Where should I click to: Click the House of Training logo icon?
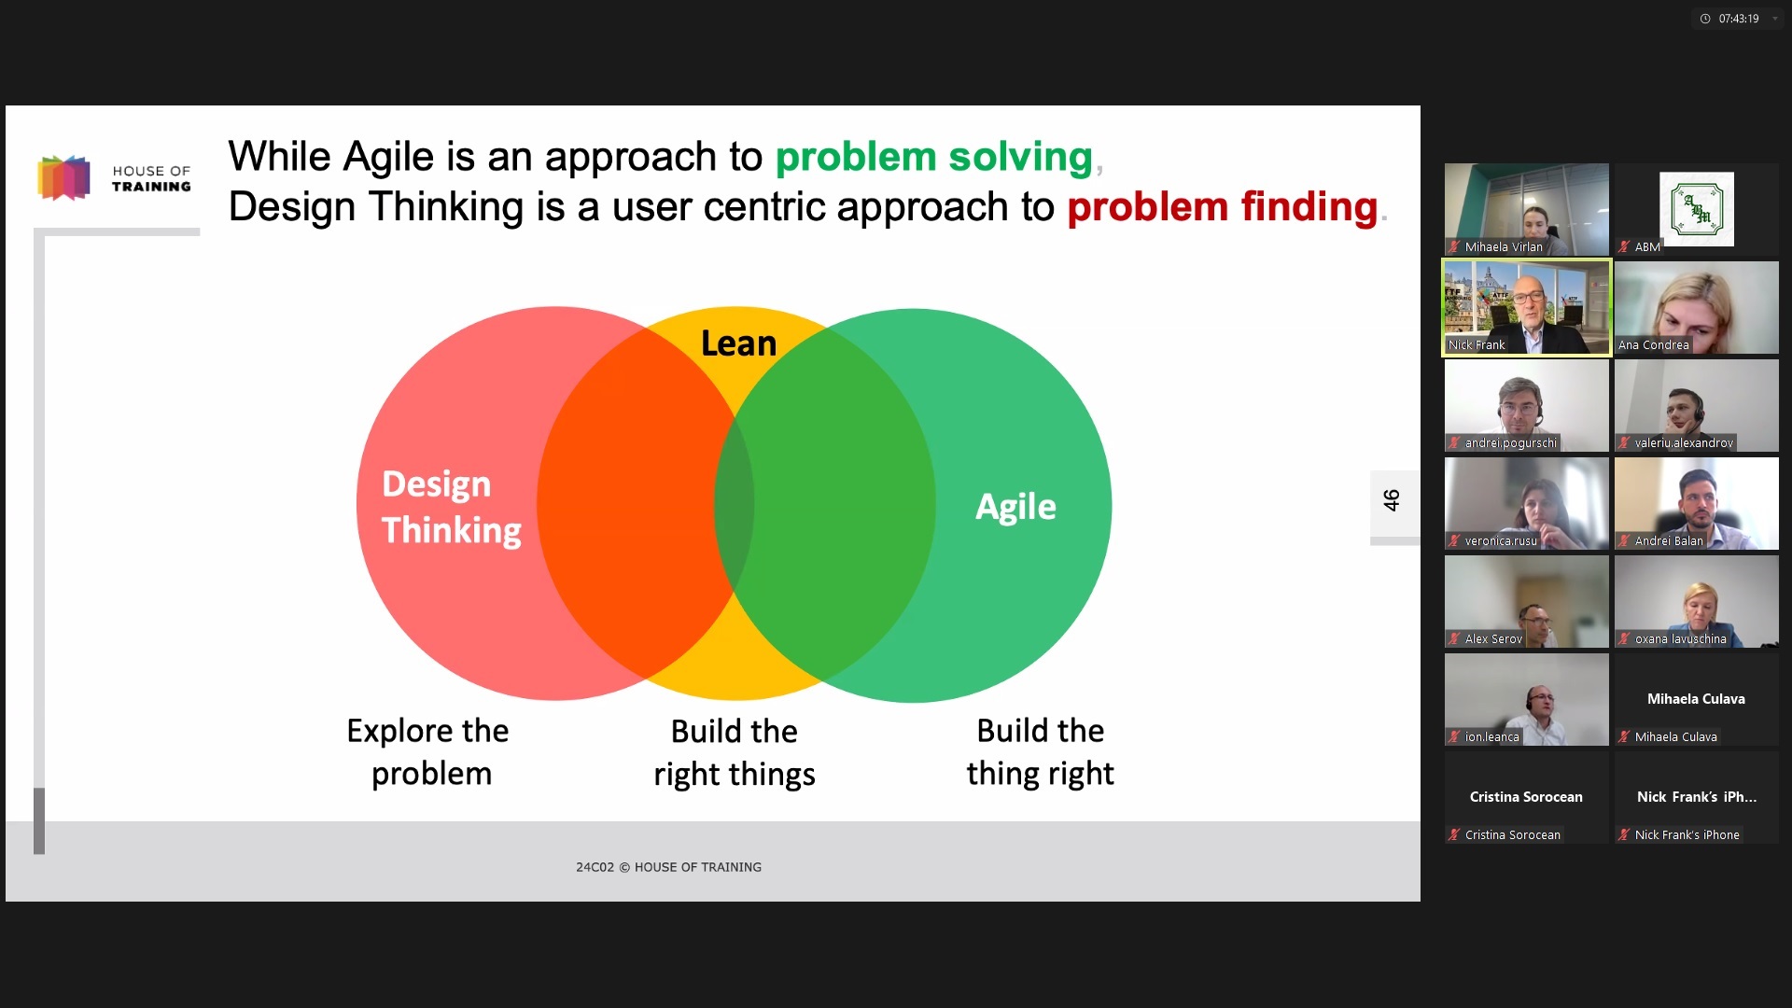(x=63, y=177)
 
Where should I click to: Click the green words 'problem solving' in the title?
(x=933, y=157)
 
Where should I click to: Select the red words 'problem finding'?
(x=1223, y=207)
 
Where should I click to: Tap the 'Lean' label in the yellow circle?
(x=738, y=343)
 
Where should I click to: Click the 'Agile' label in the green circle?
(x=1015, y=507)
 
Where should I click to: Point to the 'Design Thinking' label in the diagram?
(x=452, y=507)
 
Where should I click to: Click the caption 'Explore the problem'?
(x=428, y=752)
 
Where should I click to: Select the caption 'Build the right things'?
(x=735, y=752)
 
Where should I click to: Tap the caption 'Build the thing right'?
(x=1041, y=751)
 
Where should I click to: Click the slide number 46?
(x=1392, y=500)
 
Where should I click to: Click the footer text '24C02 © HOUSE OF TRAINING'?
(x=668, y=867)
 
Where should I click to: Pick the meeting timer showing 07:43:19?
(x=1739, y=19)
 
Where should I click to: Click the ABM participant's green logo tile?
(x=1697, y=209)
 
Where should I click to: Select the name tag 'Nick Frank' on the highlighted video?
(x=1477, y=345)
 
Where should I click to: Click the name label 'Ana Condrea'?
(x=1654, y=345)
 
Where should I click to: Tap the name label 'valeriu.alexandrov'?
(x=1684, y=443)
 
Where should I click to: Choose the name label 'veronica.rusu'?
(x=1501, y=541)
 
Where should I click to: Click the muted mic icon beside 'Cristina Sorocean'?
(x=1454, y=835)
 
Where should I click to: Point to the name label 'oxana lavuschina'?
(x=1680, y=639)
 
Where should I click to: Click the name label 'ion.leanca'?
(x=1491, y=737)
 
